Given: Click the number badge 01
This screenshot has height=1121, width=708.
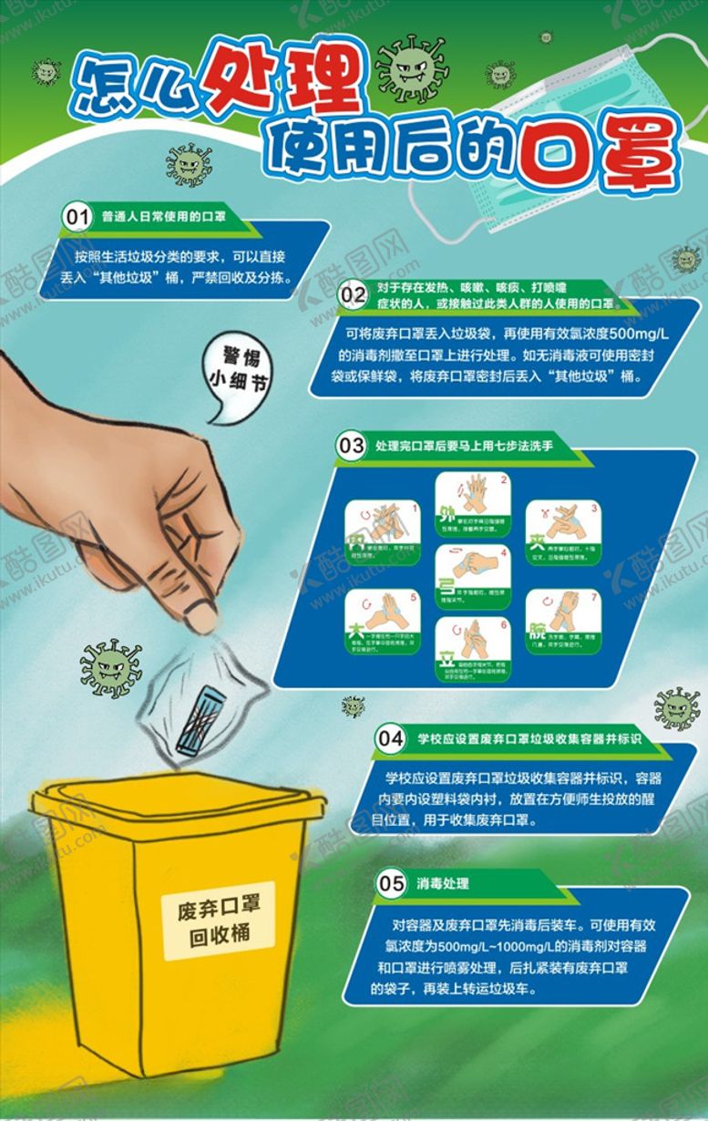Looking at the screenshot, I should point(77,217).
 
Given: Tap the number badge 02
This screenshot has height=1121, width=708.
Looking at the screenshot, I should point(353,293).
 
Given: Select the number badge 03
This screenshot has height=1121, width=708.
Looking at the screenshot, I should point(351,447).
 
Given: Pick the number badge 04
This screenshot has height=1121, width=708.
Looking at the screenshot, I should point(391,738).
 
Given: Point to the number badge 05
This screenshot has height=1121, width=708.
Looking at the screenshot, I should point(391,882).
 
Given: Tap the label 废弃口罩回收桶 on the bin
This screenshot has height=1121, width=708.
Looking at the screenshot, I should point(219,921).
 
